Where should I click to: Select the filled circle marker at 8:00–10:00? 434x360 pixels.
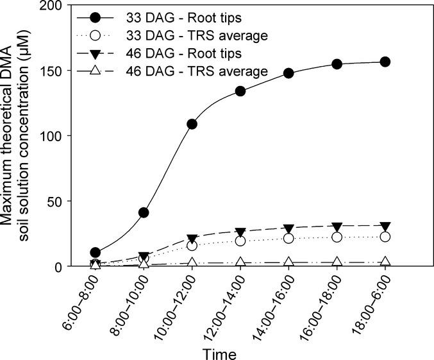(x=144, y=212)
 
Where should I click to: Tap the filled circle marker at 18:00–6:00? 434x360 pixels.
(x=385, y=62)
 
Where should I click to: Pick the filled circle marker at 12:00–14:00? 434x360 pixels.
(x=240, y=91)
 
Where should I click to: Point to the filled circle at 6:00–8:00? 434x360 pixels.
(x=96, y=253)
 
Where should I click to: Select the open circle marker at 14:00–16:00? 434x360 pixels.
(x=288, y=238)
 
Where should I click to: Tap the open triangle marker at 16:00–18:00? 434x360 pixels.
(x=337, y=262)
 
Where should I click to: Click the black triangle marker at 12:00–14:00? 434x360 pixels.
(x=240, y=232)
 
